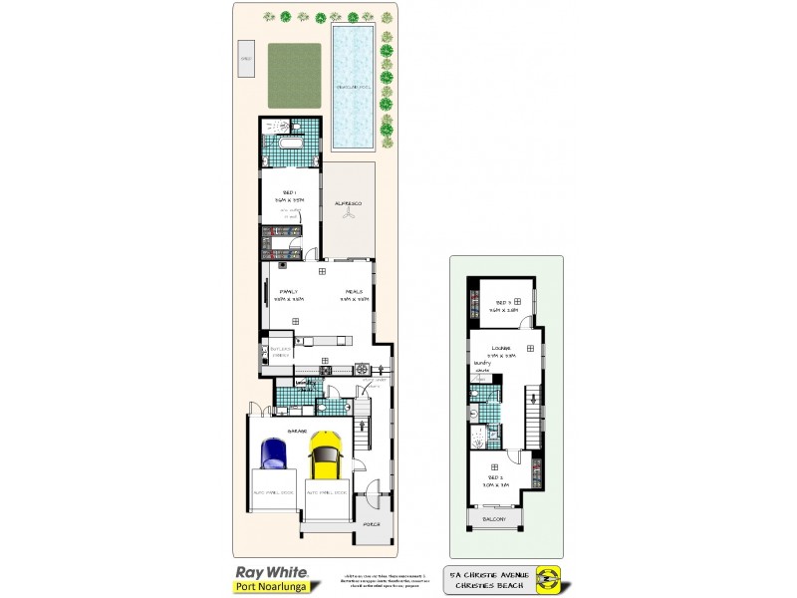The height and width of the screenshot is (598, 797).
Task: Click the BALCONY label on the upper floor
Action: [x=495, y=519]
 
